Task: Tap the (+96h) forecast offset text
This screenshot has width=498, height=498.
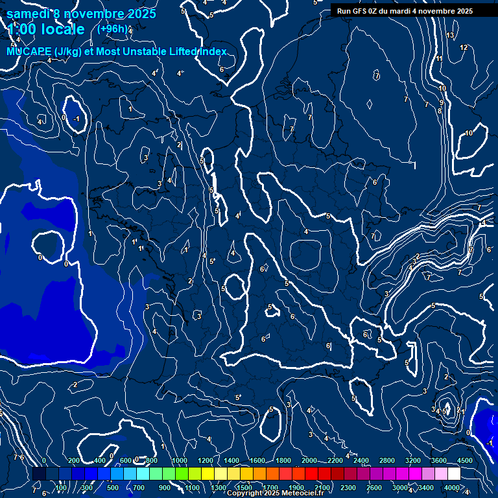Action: [x=112, y=29]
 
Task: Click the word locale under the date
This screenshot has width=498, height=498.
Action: [x=62, y=29]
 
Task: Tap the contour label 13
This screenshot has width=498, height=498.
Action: [x=450, y=35]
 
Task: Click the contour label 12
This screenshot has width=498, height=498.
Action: [x=464, y=47]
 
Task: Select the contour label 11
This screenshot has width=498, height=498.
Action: [x=439, y=59]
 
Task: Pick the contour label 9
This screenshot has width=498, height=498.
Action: [x=442, y=102]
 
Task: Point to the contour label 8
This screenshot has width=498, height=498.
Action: [x=439, y=111]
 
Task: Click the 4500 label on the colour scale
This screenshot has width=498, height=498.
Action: [x=465, y=460]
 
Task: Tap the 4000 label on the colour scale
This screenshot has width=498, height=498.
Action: [x=452, y=488]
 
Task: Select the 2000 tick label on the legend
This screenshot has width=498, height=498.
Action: [x=309, y=460]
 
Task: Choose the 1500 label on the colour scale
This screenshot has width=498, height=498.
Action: [x=244, y=488]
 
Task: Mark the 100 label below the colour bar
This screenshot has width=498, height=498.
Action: [x=62, y=488]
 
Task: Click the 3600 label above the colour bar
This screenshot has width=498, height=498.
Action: [x=439, y=460]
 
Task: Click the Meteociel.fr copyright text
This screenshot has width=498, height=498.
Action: [x=275, y=493]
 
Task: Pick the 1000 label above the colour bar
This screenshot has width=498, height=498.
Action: [x=180, y=460]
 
